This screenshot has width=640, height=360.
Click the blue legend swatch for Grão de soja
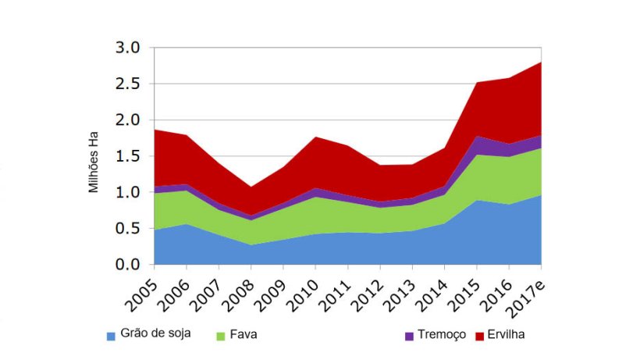tap(112, 336)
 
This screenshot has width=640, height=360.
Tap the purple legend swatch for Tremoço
tap(409, 336)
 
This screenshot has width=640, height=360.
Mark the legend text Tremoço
tap(442, 334)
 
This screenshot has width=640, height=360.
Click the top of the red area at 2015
tap(478, 83)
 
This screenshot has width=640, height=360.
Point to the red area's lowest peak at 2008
tap(251, 187)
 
